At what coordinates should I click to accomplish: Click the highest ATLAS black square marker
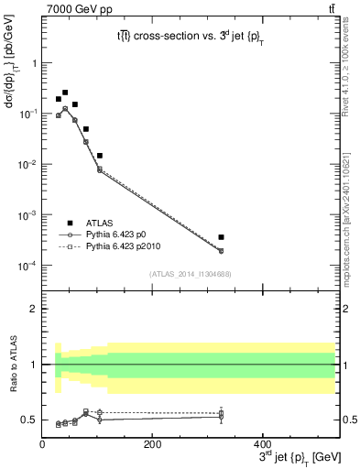[65, 93]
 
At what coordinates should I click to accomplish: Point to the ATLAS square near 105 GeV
[100, 156]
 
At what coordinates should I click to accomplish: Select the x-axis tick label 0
[42, 446]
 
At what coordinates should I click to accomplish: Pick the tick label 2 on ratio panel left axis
[33, 309]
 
